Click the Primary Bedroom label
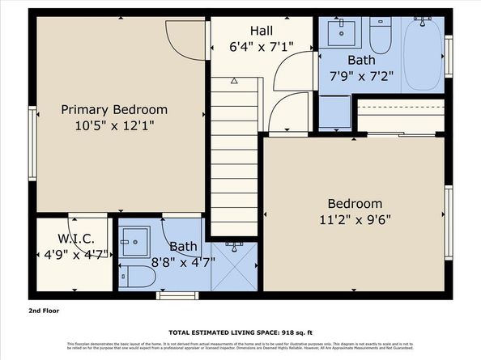click(114, 110)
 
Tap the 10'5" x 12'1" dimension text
click(114, 125)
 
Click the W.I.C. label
click(76, 239)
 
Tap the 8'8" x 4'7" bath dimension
click(183, 261)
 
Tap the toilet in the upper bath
click(381, 37)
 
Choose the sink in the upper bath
click(340, 33)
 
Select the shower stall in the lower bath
click(234, 266)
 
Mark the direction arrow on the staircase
click(234, 81)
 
